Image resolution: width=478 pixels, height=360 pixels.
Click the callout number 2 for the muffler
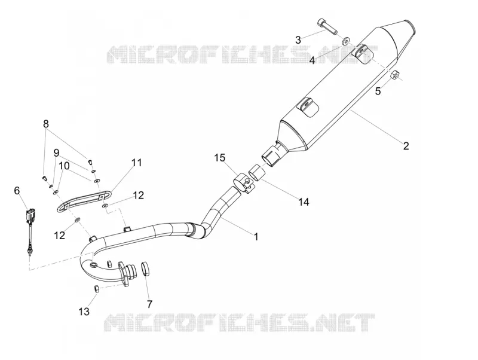pos(406,146)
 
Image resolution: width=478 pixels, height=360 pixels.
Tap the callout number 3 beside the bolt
pos(298,39)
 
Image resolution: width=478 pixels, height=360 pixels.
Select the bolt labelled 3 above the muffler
pos(327,26)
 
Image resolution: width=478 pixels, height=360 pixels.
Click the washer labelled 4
pos(346,40)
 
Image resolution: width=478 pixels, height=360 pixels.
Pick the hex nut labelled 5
pos(394,74)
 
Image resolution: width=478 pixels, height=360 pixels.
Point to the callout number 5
pos(378,91)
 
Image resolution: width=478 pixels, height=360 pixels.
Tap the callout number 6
pos(17,190)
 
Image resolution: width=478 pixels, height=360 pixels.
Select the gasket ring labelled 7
pos(146,269)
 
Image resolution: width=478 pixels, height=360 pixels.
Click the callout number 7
pos(149,304)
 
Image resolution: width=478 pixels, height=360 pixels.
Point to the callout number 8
pos(46,124)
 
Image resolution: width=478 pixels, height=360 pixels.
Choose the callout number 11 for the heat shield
pos(137,163)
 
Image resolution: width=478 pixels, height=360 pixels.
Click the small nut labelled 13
pos(96,289)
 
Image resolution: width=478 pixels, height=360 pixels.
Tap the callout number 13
pos(84,312)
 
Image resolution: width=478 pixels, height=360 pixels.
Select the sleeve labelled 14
pos(257,172)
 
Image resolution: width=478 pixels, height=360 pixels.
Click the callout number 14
pos(304,202)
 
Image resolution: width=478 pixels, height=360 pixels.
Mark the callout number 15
pos(219,158)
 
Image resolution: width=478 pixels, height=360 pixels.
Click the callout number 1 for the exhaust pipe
pos(256,236)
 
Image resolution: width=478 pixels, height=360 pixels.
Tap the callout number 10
pos(64,166)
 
